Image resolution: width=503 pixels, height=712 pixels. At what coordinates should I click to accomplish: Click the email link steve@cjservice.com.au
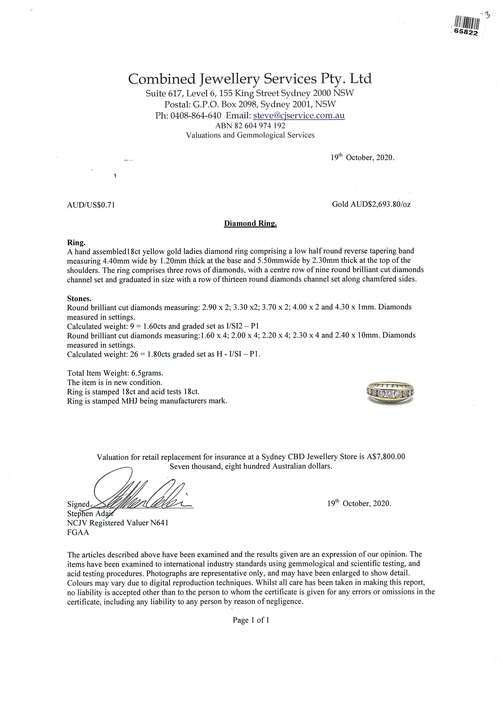299,115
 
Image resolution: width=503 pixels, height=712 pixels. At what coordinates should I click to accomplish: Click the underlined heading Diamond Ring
250,224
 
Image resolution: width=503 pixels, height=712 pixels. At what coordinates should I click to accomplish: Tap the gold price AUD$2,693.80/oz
371,204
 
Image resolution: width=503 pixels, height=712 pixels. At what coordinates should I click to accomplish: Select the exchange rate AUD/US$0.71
91,205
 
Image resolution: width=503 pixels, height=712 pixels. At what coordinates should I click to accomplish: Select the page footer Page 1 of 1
251,620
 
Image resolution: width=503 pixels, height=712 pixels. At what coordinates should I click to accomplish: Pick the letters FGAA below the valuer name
78,532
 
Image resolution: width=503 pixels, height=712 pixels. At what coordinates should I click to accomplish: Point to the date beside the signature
359,503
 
